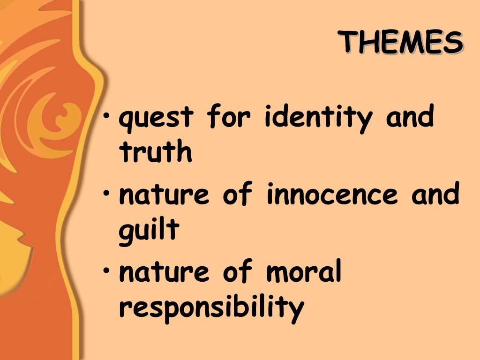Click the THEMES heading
(401, 42)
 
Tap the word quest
(156, 118)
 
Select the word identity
(318, 118)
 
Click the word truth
(156, 150)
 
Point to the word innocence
(332, 194)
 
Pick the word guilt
(149, 231)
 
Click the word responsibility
(211, 308)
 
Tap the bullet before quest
(106, 116)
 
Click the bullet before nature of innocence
(106, 194)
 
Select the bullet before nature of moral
(106, 270)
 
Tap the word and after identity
(410, 116)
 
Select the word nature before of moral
(164, 271)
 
